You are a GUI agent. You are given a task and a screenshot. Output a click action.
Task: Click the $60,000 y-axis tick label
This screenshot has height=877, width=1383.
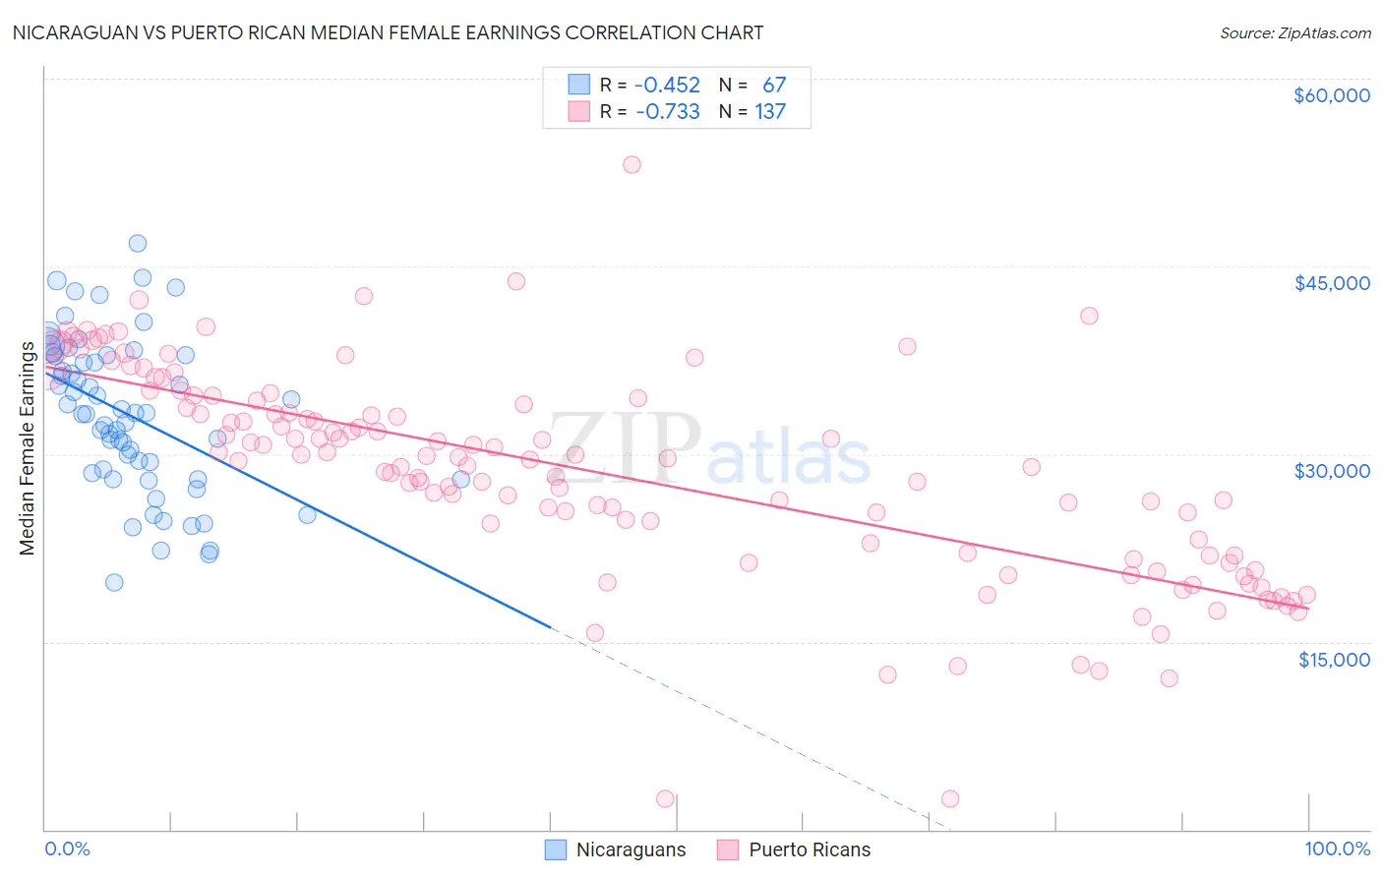[1331, 95]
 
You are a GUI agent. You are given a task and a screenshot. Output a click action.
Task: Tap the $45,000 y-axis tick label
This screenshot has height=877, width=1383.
[1331, 283]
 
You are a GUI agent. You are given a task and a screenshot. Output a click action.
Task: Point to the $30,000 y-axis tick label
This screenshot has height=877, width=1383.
[1331, 471]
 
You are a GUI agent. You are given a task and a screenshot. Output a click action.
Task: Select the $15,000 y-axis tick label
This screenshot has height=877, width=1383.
[1333, 660]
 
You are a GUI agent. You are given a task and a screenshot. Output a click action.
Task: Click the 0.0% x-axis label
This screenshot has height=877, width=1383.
[67, 848]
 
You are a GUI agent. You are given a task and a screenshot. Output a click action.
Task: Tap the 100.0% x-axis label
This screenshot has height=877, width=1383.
[1337, 848]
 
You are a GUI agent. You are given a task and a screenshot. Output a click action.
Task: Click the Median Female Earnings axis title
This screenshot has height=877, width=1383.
[27, 448]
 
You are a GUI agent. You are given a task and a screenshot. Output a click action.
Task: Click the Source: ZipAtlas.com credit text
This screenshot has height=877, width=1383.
[1294, 33]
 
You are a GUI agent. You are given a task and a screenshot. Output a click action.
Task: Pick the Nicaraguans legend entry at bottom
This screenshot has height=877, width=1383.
[616, 849]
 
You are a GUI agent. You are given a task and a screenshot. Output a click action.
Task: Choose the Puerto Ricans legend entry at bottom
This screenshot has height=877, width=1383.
[795, 849]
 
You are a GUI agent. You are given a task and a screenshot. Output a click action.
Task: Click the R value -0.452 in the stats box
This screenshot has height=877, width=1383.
[667, 86]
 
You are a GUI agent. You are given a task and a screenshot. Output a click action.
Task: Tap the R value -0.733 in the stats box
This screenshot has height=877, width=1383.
[667, 112]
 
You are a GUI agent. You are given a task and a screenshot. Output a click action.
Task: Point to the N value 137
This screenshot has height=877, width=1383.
[770, 112]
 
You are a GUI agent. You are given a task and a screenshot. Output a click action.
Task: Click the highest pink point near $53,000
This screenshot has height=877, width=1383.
[631, 164]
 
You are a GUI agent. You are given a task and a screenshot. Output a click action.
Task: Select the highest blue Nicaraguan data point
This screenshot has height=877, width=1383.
[138, 243]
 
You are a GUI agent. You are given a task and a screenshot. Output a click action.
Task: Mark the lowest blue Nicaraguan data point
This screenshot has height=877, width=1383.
[114, 582]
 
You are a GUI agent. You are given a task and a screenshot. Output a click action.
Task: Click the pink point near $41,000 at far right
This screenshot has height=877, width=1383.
[1089, 316]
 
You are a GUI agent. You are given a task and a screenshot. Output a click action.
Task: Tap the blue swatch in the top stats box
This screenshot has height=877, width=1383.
[579, 85]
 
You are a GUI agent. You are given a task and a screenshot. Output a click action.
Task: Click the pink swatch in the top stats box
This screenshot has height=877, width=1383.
[579, 111]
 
